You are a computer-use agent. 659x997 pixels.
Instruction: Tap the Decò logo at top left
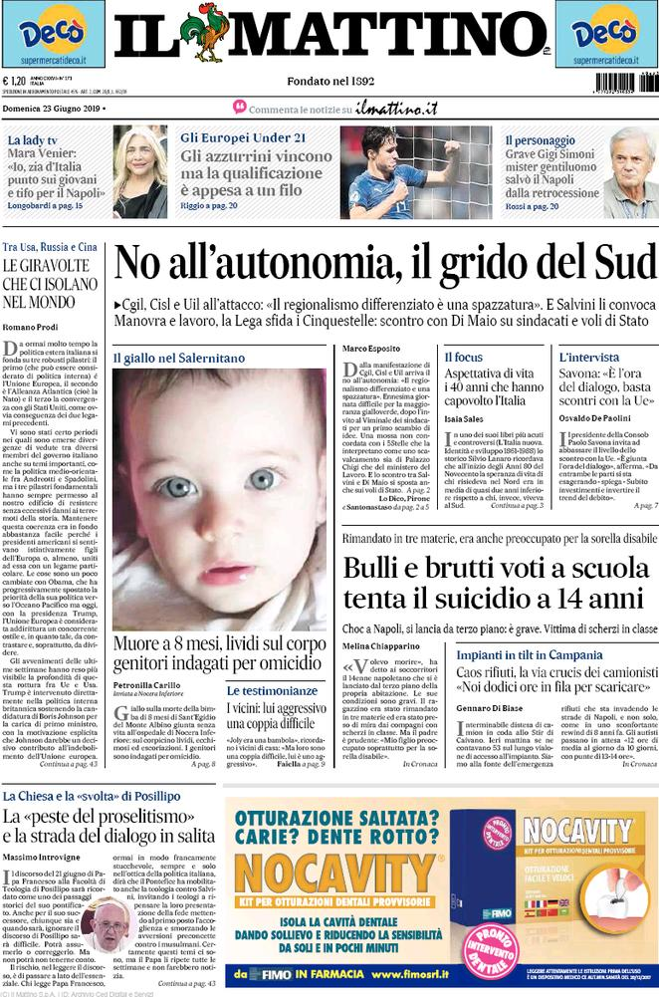click(52, 34)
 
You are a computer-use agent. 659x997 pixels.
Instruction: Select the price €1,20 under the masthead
click(14, 83)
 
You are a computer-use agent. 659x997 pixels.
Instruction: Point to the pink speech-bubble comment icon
click(239, 107)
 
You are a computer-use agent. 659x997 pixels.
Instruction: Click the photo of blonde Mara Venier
click(139, 171)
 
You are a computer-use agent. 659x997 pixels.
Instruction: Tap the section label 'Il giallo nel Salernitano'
click(177, 357)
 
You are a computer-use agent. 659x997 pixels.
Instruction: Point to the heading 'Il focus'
click(463, 357)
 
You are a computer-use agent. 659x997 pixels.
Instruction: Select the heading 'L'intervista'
click(589, 357)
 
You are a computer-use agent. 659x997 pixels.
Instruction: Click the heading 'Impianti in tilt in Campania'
click(544, 655)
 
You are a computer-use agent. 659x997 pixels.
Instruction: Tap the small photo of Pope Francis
click(107, 922)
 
